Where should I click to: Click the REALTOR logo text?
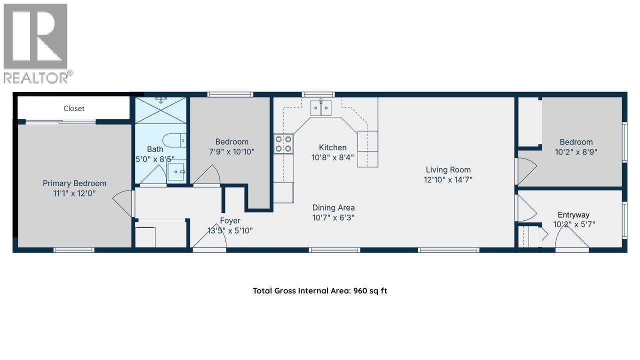point(38,77)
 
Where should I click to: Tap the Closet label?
point(74,108)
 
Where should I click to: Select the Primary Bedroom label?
point(74,183)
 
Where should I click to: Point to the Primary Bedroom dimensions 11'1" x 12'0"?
point(74,193)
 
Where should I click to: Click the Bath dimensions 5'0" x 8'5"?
point(155,159)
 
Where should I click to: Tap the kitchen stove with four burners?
point(283,143)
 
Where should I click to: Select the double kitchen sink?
point(321,108)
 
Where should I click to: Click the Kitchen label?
point(333,147)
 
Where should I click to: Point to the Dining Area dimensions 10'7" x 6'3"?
point(333,217)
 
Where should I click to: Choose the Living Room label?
point(448,170)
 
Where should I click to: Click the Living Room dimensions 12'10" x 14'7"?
point(448,179)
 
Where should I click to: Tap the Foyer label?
point(230,220)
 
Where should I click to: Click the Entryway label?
point(573,215)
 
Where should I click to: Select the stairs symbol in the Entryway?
point(528,236)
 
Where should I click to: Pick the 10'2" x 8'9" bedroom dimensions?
point(576,152)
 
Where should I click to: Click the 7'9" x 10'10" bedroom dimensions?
point(231,151)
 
